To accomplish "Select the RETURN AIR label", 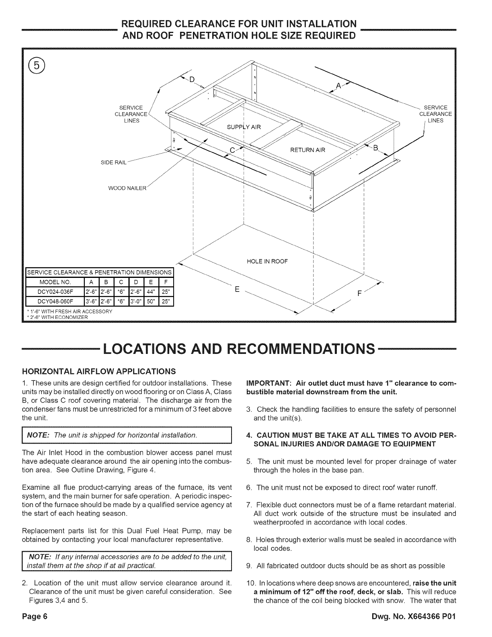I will pyautogui.click(x=307, y=150).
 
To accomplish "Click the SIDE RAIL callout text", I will pyautogui.click(x=115, y=162).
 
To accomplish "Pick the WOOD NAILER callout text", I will pyautogui.click(x=126, y=188).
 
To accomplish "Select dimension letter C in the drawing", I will pyautogui.click(x=232, y=150).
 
